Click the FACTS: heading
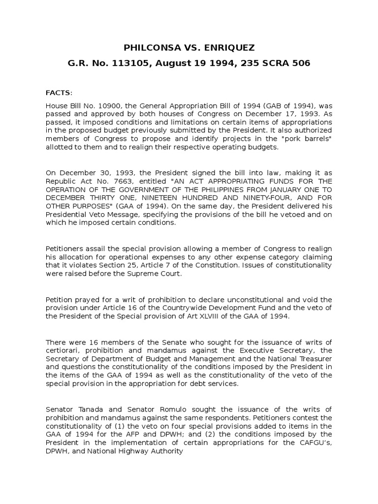click(x=59, y=93)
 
